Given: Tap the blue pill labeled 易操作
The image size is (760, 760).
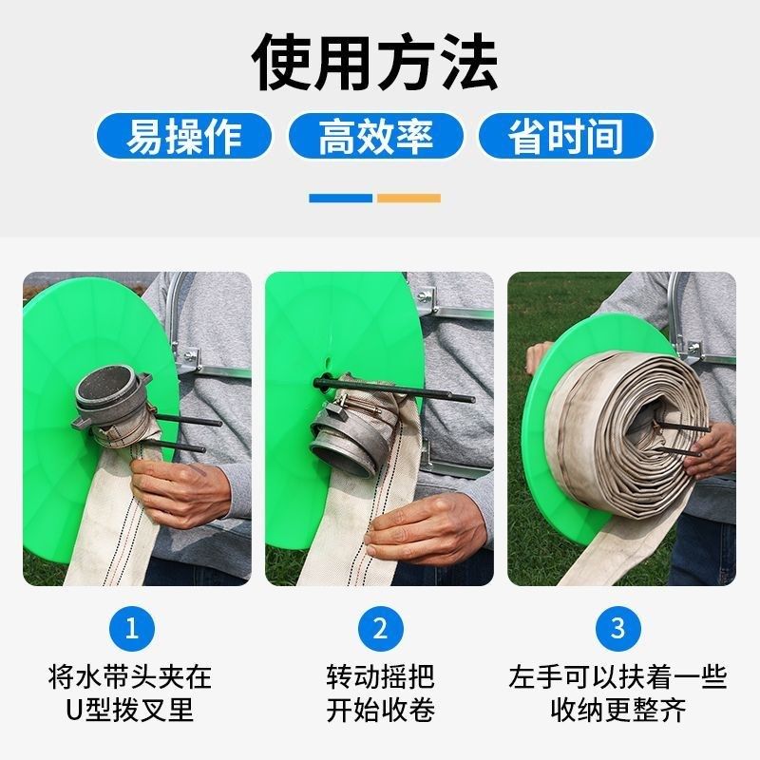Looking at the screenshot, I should coord(184,136).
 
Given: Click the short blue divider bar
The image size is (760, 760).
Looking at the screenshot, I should coord(341,198).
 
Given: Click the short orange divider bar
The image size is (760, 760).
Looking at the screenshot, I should coord(408,198).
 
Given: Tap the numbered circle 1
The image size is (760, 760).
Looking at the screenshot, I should coord(131,626).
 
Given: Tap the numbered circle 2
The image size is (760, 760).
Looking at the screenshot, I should coord(379,626).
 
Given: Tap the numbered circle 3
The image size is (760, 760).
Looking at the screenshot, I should coord(617,626).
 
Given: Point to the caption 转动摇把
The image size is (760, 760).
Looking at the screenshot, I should coord(379,677).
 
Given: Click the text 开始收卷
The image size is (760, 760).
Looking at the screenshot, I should coord(379,710).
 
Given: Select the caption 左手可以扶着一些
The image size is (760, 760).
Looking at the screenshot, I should coord(617,677).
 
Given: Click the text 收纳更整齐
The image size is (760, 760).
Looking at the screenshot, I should coord(617,710).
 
